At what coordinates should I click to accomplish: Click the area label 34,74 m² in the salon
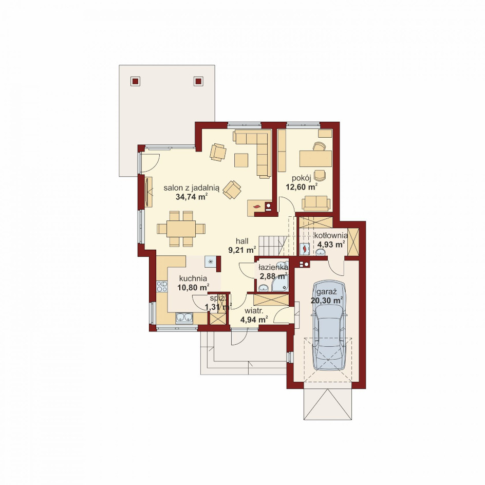tap(192, 196)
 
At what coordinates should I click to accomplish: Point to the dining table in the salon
tap(181, 229)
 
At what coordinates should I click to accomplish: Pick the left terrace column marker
tap(135, 81)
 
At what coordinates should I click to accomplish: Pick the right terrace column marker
tap(198, 81)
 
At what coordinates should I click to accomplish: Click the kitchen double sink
tap(184, 318)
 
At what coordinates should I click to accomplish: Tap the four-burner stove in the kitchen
tap(162, 286)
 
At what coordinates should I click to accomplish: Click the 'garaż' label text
tap(328, 292)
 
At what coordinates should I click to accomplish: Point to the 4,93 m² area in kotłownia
tap(331, 245)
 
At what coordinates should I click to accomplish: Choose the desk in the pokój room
tap(315, 158)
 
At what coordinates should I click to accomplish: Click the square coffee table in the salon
tap(241, 160)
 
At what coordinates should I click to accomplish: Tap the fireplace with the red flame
tap(257, 207)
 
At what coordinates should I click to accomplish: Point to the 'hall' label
tap(242, 240)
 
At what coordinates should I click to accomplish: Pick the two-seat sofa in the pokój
tap(316, 203)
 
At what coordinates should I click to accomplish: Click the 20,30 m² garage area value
tap(328, 301)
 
